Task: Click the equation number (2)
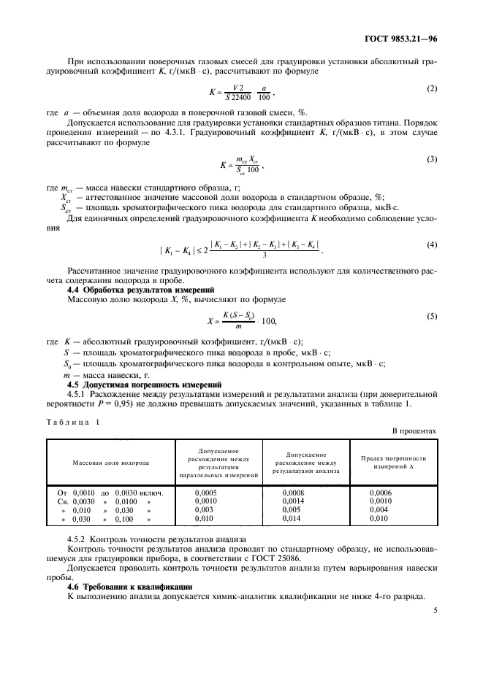431,88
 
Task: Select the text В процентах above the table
414,431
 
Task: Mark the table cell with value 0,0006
381,493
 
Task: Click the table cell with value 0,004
379,510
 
